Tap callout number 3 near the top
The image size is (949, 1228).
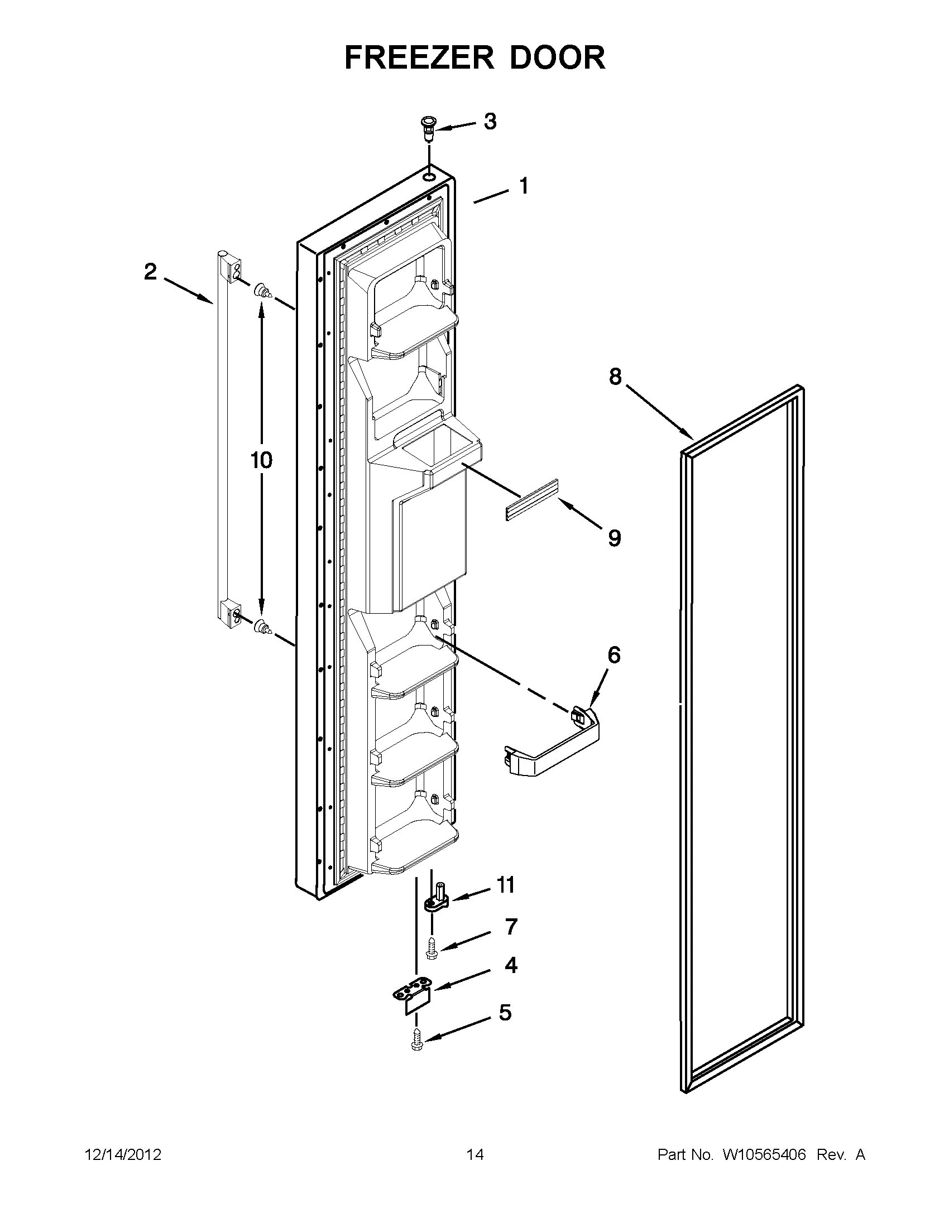(x=490, y=122)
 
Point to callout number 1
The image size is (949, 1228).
(x=524, y=186)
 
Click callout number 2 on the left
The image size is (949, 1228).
(x=150, y=272)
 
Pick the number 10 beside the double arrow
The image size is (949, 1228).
(x=261, y=460)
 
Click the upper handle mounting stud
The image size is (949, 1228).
(x=263, y=292)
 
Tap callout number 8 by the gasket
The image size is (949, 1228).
(x=615, y=377)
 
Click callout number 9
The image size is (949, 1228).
(x=614, y=538)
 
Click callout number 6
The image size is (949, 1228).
(x=614, y=655)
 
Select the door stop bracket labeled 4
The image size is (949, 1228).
(x=413, y=1001)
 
